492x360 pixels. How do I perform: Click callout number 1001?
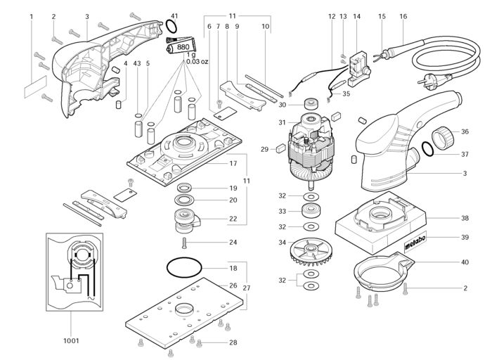tap(70, 340)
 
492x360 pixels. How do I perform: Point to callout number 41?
tap(174, 16)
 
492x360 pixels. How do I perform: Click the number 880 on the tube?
tap(184, 47)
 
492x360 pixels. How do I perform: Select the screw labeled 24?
tap(184, 243)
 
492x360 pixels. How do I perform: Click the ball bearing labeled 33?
tap(309, 211)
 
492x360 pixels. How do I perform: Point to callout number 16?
tap(403, 16)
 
